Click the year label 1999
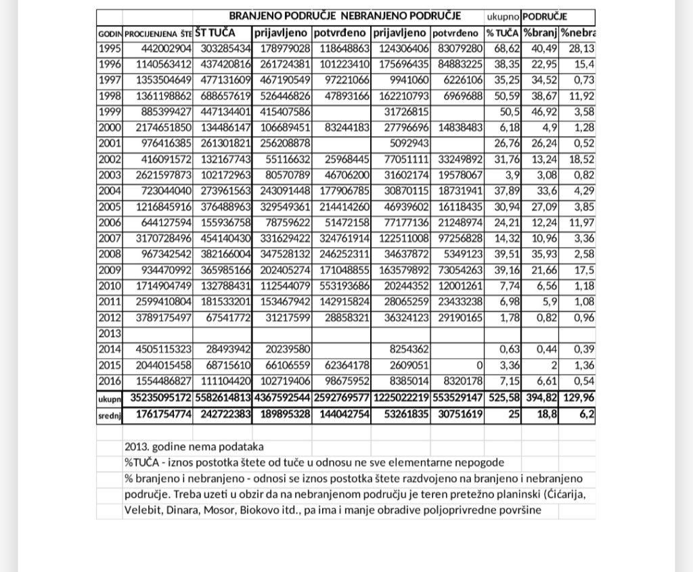click(109, 112)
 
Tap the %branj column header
click(539, 32)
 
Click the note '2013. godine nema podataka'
click(194, 447)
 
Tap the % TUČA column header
click(502, 32)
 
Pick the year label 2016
click(109, 382)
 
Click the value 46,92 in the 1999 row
click(541, 112)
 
